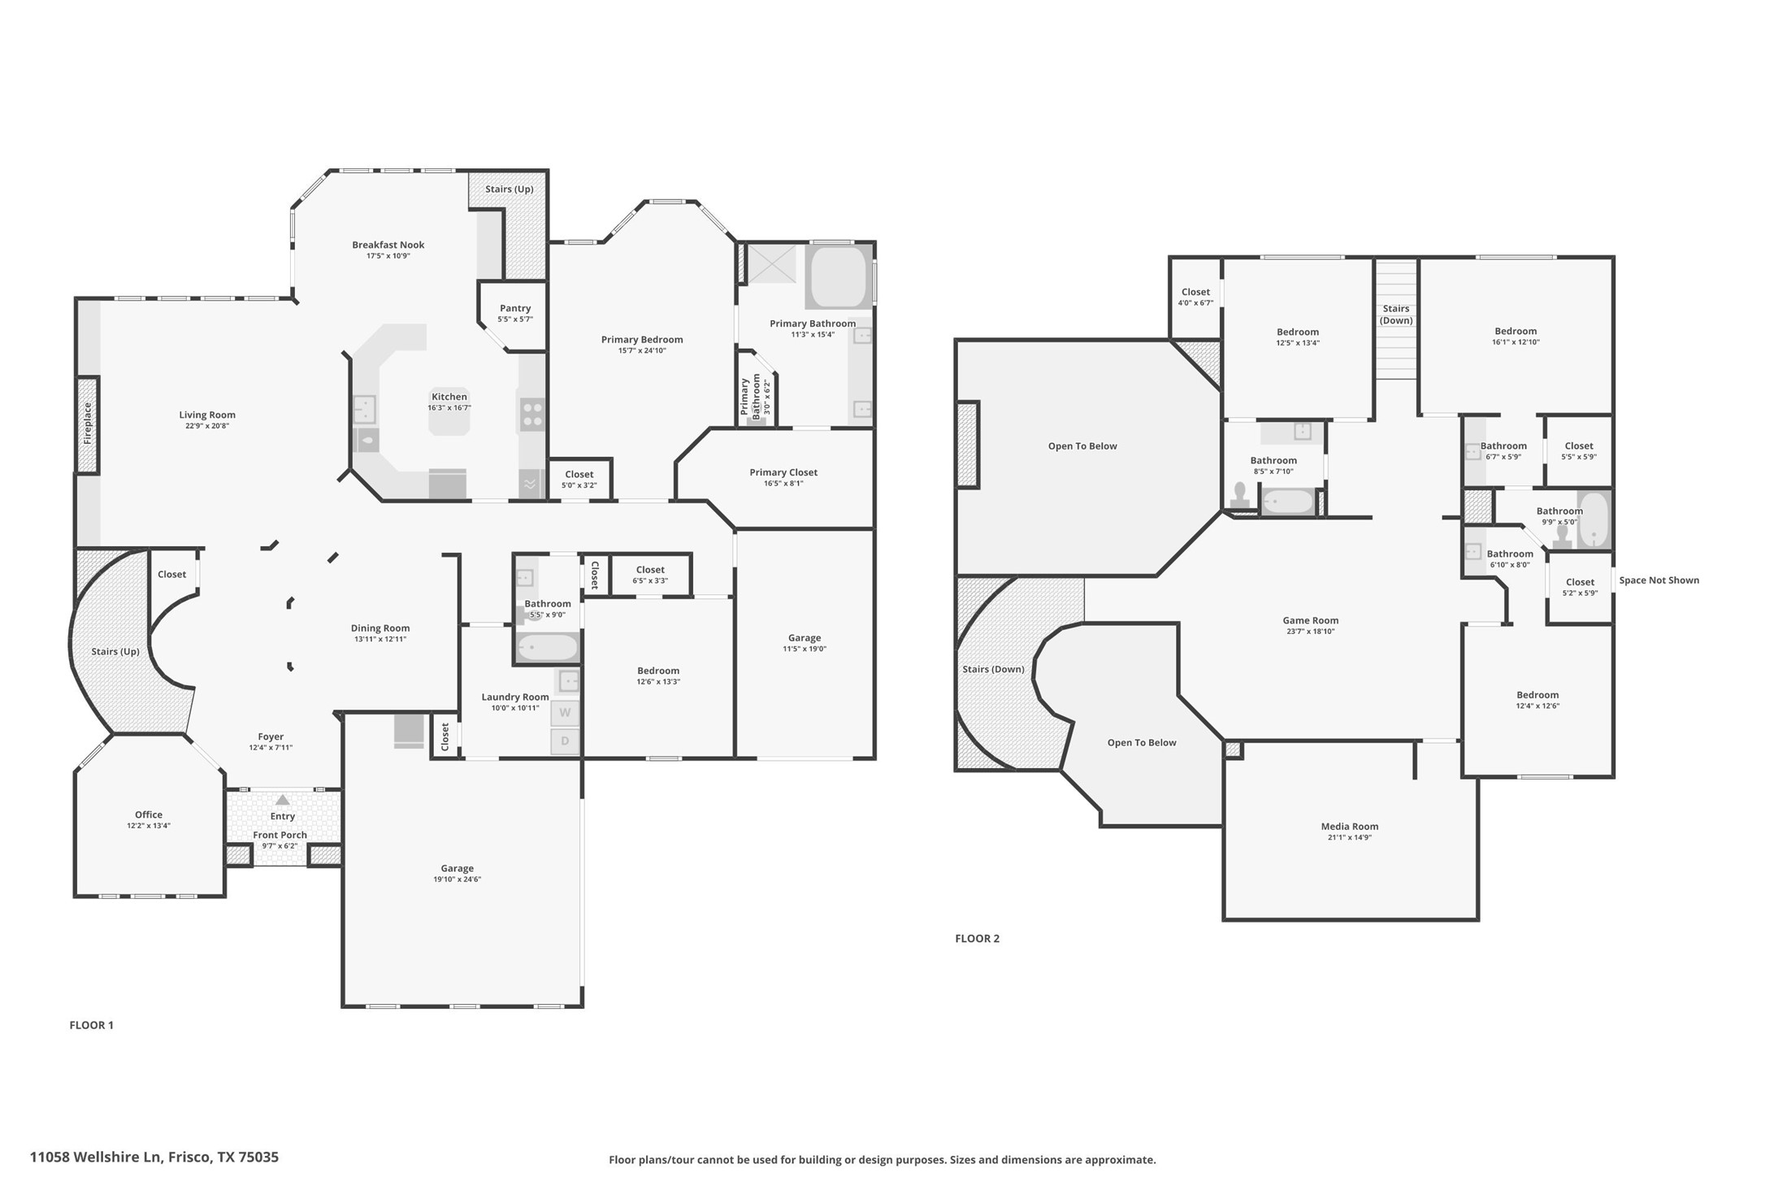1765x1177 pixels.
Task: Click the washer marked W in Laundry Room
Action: point(566,713)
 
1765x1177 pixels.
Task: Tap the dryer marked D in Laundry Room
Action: point(566,741)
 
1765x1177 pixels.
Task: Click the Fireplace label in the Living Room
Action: point(88,423)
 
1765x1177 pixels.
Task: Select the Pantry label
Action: point(515,308)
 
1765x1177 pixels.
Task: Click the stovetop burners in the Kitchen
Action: point(532,415)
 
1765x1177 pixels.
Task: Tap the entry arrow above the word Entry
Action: point(282,800)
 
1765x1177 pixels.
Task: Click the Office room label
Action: point(149,814)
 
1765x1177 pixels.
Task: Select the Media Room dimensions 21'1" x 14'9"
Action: point(1349,837)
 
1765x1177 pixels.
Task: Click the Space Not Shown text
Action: point(1659,580)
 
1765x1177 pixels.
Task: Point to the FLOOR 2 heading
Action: point(977,938)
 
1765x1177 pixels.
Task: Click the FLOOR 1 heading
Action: point(91,1025)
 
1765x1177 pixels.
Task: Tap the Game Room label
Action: point(1310,620)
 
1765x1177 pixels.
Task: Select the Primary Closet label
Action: point(783,472)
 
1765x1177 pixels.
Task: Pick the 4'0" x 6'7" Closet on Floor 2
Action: point(1195,297)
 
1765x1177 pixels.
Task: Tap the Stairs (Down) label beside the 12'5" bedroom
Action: point(1395,314)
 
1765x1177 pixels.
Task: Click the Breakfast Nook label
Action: point(388,245)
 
